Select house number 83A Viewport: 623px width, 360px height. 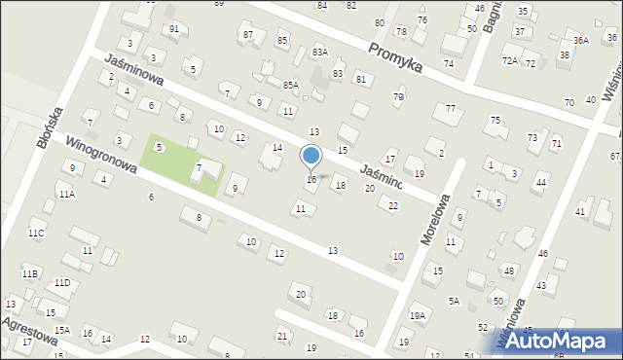pos(319,53)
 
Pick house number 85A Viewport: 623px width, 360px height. pos(290,86)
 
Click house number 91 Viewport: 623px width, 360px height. pos(173,29)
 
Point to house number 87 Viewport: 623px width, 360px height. pos(248,35)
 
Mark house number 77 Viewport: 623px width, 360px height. pos(450,108)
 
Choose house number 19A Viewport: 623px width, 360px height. pos(418,316)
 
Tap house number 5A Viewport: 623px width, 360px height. pos(454,302)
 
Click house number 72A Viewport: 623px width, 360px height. pos(509,60)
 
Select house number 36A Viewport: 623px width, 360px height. pos(581,41)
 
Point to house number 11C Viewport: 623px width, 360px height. pos(35,234)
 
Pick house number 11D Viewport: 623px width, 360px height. pos(62,283)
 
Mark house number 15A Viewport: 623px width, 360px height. pos(61,331)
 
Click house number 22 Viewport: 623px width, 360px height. pos(392,205)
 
